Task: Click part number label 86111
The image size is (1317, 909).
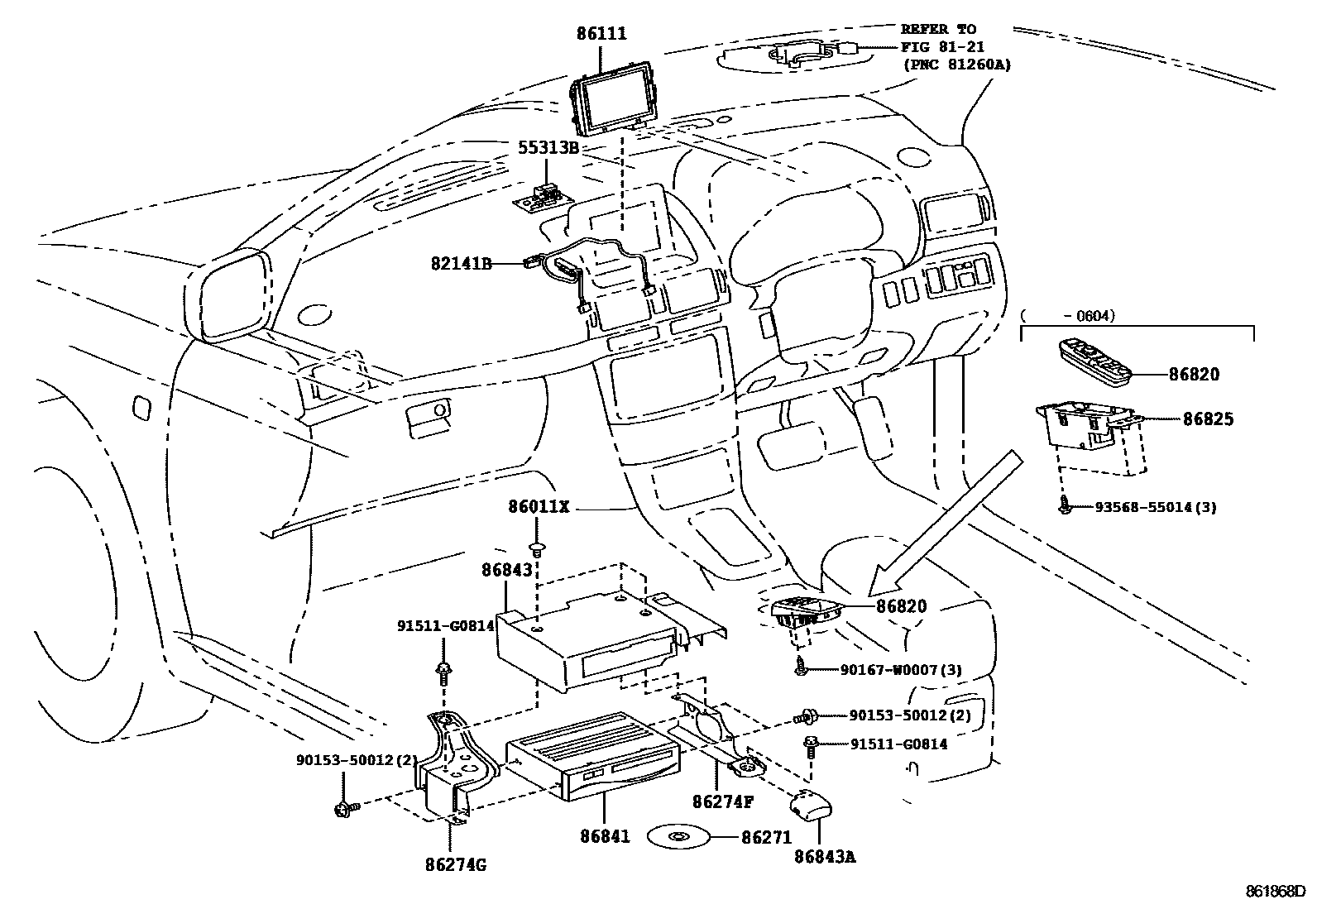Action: click(601, 34)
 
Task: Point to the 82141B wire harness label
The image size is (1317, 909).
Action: click(462, 263)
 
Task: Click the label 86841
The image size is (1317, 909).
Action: click(604, 836)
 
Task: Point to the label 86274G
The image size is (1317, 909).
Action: click(455, 866)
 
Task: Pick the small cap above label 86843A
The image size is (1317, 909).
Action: click(810, 806)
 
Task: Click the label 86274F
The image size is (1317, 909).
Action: click(723, 801)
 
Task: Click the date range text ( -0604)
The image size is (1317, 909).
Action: click(1068, 315)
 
